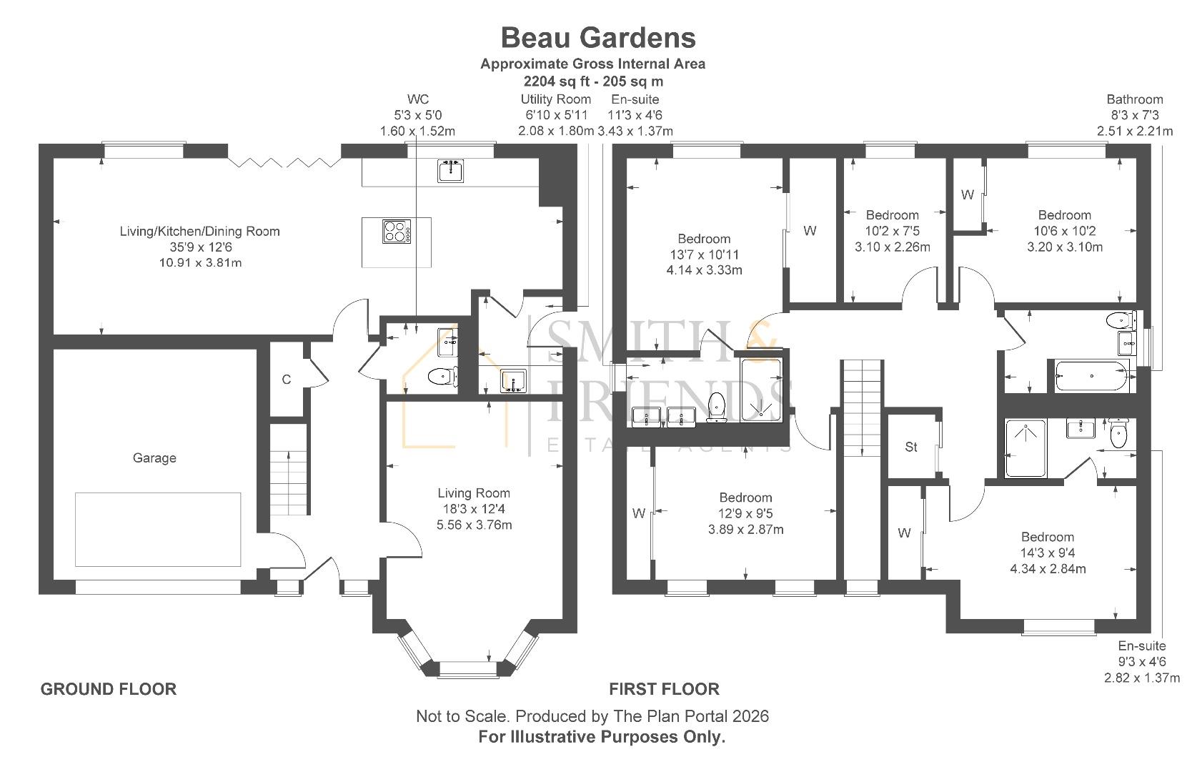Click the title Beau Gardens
coord(597,37)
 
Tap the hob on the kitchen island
coord(397,232)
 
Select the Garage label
coord(154,458)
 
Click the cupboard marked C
coord(286,380)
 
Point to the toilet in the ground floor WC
coord(442,376)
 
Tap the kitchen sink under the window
coord(451,170)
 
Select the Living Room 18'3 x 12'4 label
coord(474,508)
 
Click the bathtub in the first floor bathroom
coord(1091,376)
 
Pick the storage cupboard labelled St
coord(910,447)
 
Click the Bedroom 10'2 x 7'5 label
coord(892,231)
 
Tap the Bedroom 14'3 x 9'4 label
coord(1047,553)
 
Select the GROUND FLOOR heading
coord(108,689)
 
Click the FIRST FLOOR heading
coord(664,689)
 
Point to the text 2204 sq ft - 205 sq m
coord(593,81)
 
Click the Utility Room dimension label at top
coord(555,115)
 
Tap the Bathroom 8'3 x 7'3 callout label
coord(1134,115)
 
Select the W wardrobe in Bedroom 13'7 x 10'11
coord(810,231)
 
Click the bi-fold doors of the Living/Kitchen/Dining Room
coord(284,162)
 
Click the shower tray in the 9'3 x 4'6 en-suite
coord(1025,448)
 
